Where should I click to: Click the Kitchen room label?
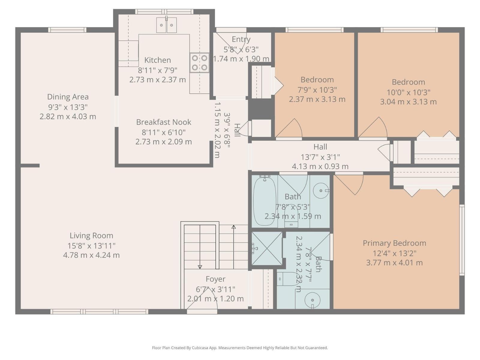point(157,60)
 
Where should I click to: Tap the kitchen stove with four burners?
point(199,62)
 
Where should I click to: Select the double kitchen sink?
point(166,25)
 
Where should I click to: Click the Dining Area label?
point(68,97)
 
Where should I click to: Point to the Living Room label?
point(91,235)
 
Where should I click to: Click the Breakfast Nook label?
point(163,122)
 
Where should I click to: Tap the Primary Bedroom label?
point(394,243)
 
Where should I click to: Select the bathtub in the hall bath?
point(265,201)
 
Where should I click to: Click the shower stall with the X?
point(267,248)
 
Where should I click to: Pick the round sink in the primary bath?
point(313,300)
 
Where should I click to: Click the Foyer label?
point(215,279)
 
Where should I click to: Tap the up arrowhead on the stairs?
point(233,227)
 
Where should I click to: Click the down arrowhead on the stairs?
point(200,267)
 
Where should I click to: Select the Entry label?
point(241,39)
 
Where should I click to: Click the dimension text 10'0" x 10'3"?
point(409,92)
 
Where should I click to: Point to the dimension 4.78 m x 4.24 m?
point(91,255)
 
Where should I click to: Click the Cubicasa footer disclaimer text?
point(240,347)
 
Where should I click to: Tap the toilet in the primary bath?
point(286,279)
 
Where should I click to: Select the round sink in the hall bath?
point(321,190)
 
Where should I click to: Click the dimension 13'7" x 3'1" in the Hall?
point(320,157)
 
